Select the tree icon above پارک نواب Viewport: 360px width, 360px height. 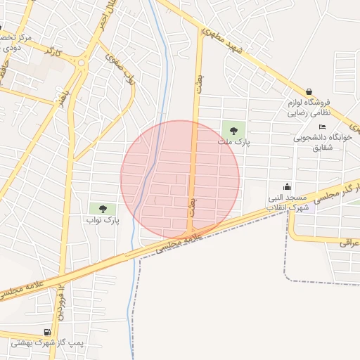(x=103, y=209)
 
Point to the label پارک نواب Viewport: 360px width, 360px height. (x=103, y=220)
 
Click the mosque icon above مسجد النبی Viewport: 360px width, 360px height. (x=288, y=187)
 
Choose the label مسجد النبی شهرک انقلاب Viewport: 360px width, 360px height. (x=288, y=202)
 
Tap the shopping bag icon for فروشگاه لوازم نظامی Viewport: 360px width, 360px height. (x=309, y=91)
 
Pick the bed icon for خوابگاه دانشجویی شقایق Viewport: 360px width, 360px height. (x=322, y=127)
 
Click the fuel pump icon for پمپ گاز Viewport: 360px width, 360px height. (x=47, y=332)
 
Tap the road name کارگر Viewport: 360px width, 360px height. (x=52, y=52)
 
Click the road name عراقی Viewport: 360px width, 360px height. (x=349, y=243)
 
